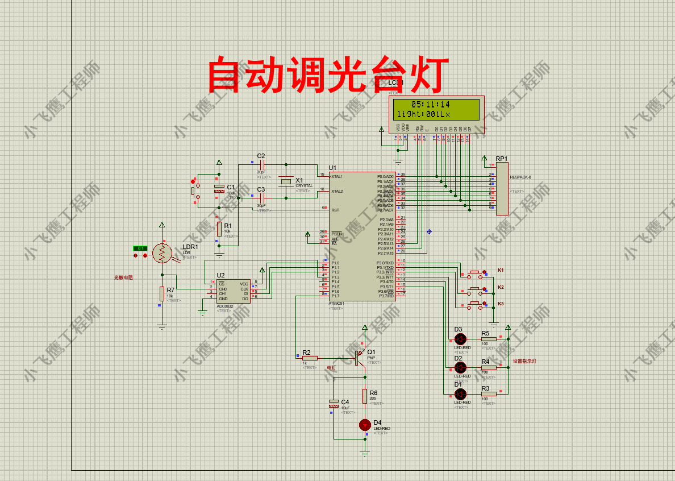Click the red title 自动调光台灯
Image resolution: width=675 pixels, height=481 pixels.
(327, 74)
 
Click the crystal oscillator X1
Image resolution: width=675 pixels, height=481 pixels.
(286, 182)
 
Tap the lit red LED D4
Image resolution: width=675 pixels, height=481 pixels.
(365, 425)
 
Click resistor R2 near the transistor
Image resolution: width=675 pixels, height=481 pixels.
(310, 358)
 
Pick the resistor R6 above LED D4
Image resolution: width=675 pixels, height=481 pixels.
(365, 396)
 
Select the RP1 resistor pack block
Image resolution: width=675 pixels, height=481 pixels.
(502, 188)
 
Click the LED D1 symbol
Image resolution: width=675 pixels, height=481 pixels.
(460, 393)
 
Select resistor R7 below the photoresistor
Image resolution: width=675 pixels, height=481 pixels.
(162, 293)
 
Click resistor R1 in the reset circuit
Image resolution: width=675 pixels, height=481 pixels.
(219, 229)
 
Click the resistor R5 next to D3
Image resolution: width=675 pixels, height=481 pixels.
(489, 339)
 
